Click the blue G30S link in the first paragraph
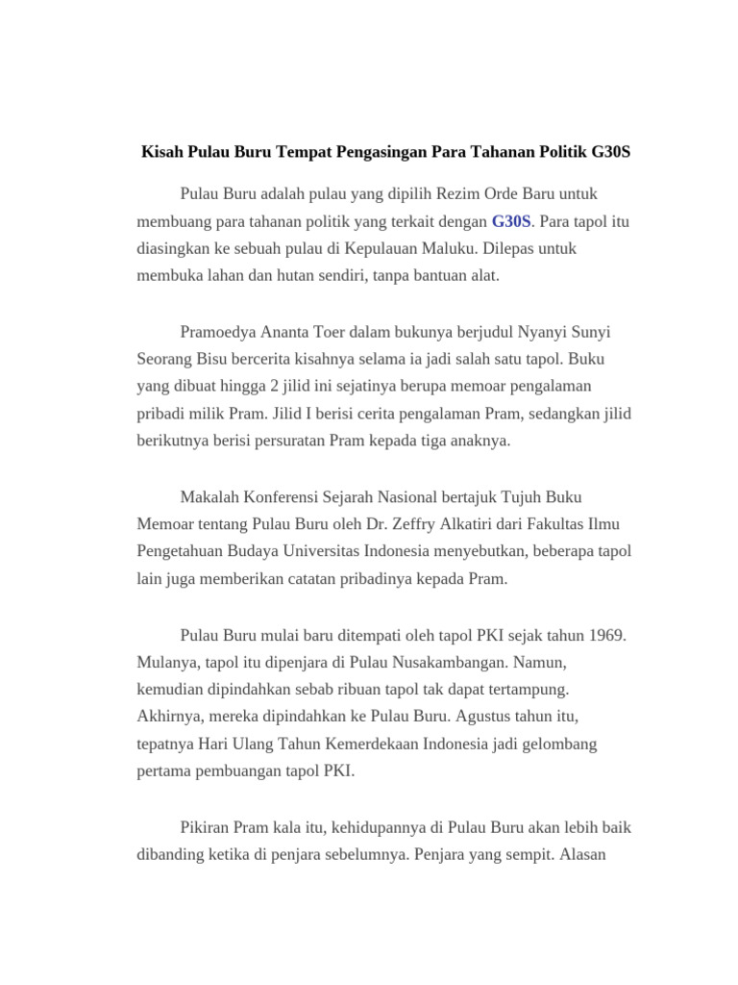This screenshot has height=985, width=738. click(x=511, y=221)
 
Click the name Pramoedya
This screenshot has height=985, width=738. click(x=219, y=332)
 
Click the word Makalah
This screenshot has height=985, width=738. click(x=211, y=497)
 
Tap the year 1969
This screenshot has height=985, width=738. click(x=604, y=636)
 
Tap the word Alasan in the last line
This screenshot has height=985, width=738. click(x=578, y=854)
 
